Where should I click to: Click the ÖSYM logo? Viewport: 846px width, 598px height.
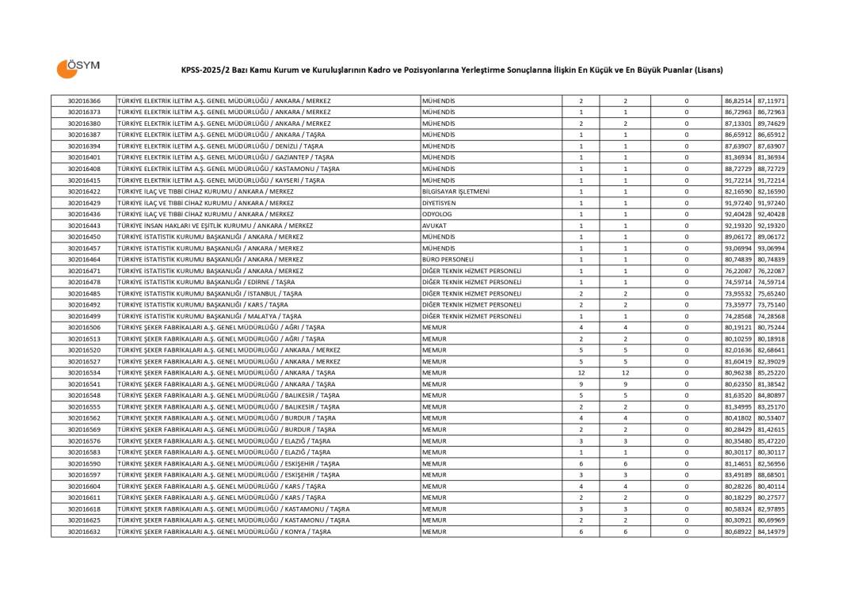[x=77, y=68]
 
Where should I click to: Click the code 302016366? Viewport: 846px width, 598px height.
[x=84, y=101]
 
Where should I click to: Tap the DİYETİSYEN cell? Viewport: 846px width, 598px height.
[x=439, y=203]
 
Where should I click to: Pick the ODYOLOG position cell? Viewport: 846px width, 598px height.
[x=437, y=214]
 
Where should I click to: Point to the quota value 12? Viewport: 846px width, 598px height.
[x=581, y=372]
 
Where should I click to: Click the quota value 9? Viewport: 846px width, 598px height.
[x=581, y=384]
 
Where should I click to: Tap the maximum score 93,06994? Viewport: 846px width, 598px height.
[x=771, y=248]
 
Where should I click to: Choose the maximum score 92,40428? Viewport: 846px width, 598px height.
[x=771, y=214]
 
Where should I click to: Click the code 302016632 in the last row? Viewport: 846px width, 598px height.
[x=84, y=531]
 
